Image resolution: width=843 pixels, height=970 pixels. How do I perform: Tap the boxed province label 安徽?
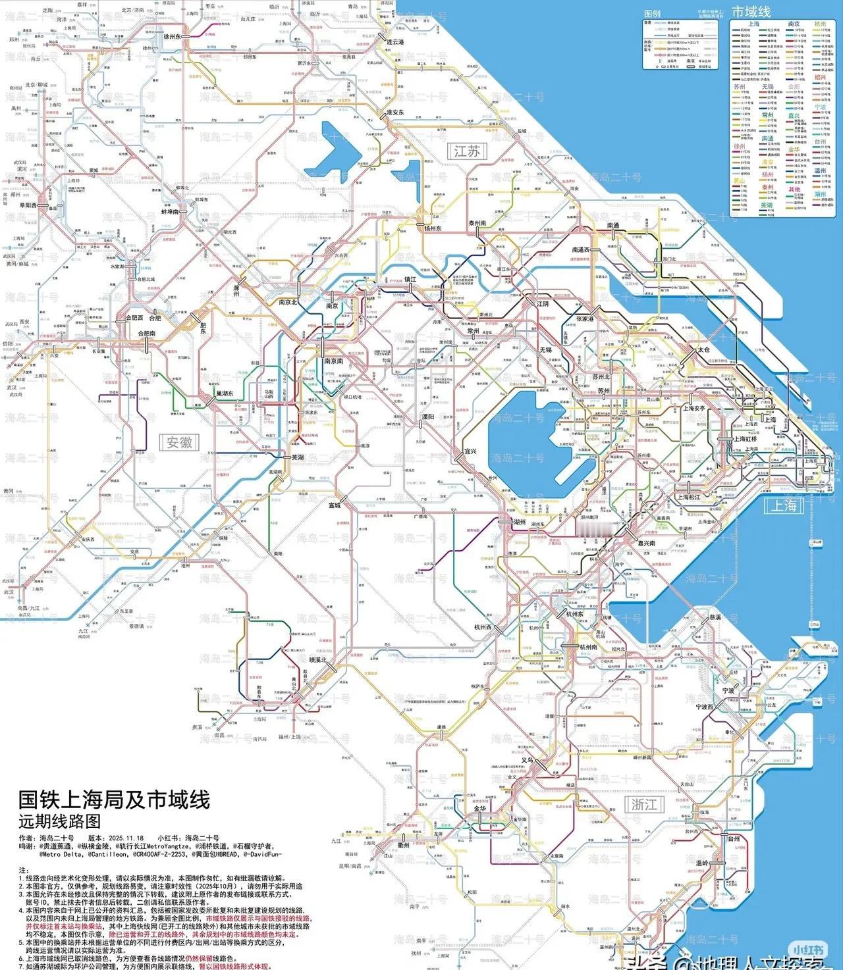click(179, 442)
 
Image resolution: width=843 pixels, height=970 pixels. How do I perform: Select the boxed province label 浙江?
click(644, 804)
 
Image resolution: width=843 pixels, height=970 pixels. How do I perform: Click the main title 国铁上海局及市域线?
click(114, 800)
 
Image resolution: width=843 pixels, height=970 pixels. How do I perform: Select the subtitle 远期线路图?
click(60, 821)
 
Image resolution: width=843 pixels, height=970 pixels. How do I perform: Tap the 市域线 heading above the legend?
click(751, 12)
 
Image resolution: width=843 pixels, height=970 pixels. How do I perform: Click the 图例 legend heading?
click(652, 14)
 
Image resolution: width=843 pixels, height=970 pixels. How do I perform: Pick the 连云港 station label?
click(394, 41)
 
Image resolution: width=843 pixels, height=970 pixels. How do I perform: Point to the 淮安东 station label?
click(394, 113)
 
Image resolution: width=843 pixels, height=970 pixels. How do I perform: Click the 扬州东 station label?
click(433, 228)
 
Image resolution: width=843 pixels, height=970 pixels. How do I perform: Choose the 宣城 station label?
click(335, 505)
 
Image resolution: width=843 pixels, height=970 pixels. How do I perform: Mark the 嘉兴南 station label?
click(646, 543)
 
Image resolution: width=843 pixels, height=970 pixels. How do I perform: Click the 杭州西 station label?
click(483, 627)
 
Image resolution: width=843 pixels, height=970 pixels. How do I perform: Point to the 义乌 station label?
click(526, 759)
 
